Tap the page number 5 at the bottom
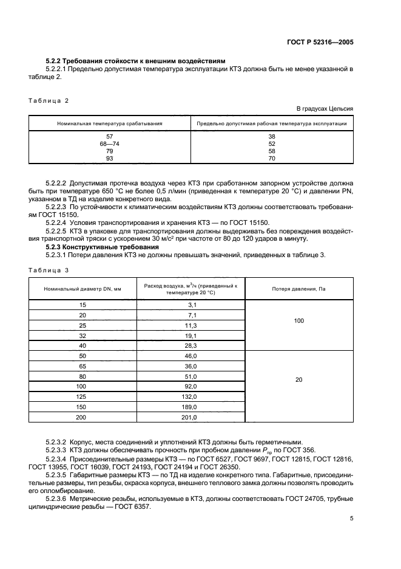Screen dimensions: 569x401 pyautogui.click(x=351, y=519)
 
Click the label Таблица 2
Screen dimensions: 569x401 pyautogui.click(x=49, y=100)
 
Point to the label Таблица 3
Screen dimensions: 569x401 pyautogui.click(x=49, y=269)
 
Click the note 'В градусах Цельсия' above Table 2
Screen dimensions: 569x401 pyautogui.click(x=325, y=108)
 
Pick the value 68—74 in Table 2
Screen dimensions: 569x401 pyautogui.click(x=110, y=143)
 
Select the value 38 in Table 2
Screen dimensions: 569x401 pyautogui.click(x=272, y=136)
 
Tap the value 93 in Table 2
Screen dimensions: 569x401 pyautogui.click(x=110, y=158)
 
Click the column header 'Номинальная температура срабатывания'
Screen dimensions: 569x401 pyautogui.click(x=110, y=123)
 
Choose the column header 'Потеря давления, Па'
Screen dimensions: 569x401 pyautogui.click(x=298, y=289)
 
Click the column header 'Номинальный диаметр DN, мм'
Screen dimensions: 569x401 pyautogui.click(x=83, y=289)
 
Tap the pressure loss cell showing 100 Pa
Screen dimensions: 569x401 pyautogui.click(x=298, y=320)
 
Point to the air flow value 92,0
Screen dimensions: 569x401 pyautogui.click(x=191, y=386)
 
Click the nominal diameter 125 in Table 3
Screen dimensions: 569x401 pyautogui.click(x=83, y=396)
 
